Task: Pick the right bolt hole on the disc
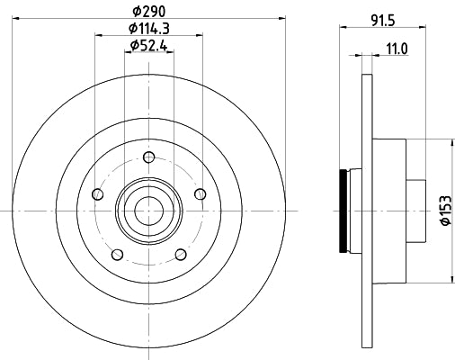200,193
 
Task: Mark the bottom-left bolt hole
116,254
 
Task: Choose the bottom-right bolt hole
180,254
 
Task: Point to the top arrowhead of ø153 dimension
451,141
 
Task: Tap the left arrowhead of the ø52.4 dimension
123,53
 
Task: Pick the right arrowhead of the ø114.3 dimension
199,35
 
